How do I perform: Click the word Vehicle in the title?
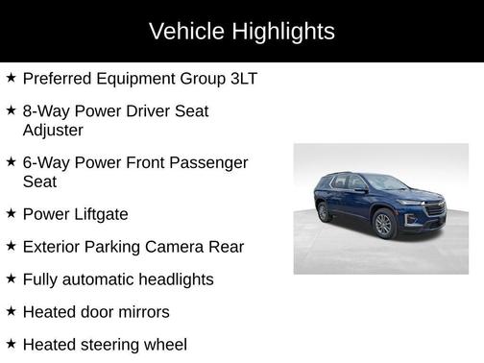point(186,32)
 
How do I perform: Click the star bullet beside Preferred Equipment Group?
point(11,77)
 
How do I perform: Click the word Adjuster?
point(53,129)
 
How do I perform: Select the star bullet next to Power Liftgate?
point(11,213)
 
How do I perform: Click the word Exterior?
point(53,247)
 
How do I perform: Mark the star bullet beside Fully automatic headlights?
point(11,278)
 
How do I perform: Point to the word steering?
point(116,345)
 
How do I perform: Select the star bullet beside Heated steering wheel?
point(11,344)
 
